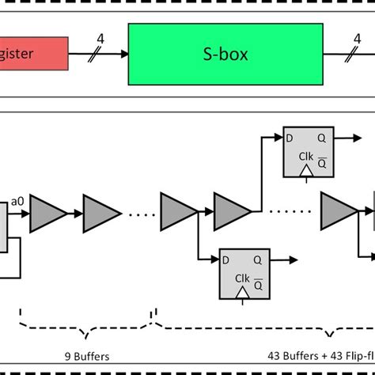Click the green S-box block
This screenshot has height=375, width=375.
pos(225,54)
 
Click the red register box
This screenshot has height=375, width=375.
pos(32,55)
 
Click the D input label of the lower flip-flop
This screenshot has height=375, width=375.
pos(225,258)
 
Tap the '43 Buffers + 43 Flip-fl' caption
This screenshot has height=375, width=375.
pos(320,356)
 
